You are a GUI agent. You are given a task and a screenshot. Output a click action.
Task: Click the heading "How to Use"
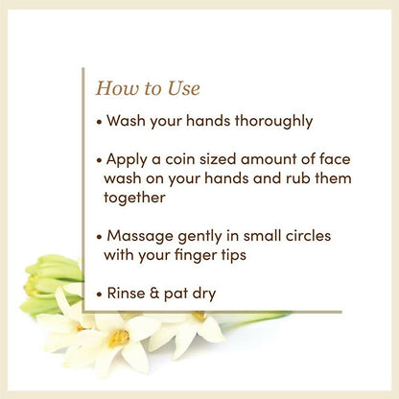(148, 89)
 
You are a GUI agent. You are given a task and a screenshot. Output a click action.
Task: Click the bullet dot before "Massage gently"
(100, 235)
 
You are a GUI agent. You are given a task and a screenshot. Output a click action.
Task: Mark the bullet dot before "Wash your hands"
(100, 123)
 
